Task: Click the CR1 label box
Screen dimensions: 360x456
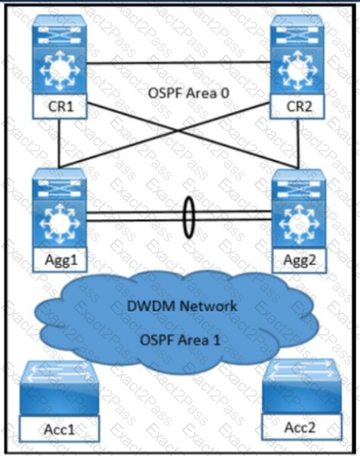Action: pos(59,107)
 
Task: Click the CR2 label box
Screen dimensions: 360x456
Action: pos(297,107)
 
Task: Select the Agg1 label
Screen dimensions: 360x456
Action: pos(60,259)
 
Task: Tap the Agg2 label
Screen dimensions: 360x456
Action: pos(299,260)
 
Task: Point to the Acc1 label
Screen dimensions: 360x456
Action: pos(59,429)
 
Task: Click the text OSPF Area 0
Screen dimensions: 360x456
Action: pos(189,93)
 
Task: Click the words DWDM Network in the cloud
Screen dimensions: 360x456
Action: pos(182,306)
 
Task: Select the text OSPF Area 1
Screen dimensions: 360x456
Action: pos(180,340)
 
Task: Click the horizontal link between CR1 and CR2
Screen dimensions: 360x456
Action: pos(178,63)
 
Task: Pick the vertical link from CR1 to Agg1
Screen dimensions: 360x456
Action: pos(59,144)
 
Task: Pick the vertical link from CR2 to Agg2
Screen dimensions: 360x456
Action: pos(298,144)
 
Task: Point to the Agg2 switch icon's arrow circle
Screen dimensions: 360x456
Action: pos(299,224)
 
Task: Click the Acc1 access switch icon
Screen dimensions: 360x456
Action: pos(59,389)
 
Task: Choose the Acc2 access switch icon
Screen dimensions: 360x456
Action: pos(301,386)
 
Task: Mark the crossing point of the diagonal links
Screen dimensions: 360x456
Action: pos(178,131)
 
